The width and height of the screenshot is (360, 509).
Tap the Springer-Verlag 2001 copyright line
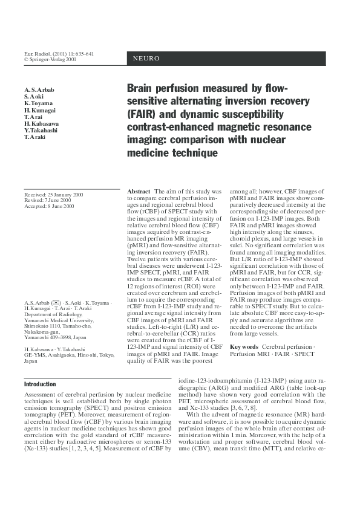[50, 60]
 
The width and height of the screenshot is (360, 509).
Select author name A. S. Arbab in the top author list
[39, 89]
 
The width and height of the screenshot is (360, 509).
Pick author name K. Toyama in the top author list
[38, 103]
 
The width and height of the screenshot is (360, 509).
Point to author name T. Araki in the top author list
[35, 137]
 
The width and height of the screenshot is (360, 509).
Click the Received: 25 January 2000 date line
[54, 195]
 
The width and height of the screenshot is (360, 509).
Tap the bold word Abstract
[139, 191]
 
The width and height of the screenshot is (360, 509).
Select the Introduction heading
[42, 384]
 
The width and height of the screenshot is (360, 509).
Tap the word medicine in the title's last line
[149, 154]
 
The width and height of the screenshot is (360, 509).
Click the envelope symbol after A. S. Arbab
[55, 302]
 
